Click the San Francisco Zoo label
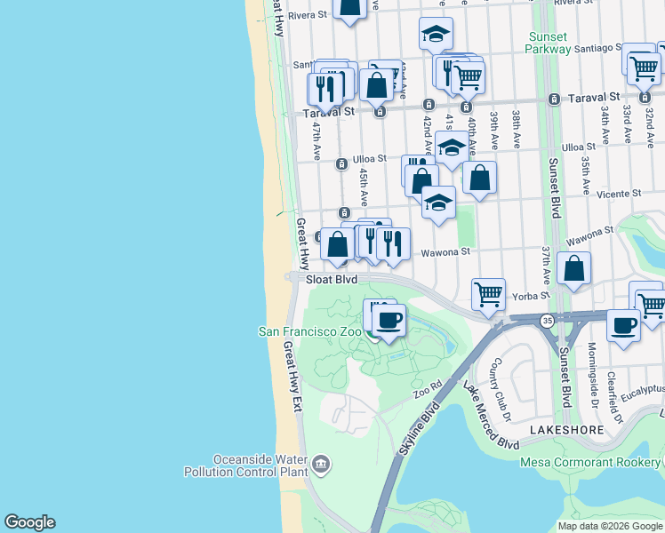(309, 331)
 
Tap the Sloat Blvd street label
(331, 278)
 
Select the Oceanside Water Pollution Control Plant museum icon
(321, 463)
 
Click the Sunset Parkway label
(549, 43)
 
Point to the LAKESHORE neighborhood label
(567, 429)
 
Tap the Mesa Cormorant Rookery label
(591, 461)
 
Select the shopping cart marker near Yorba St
(488, 293)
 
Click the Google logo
(29, 522)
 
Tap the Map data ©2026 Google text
(610, 526)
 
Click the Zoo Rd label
(427, 392)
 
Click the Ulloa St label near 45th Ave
(370, 159)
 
